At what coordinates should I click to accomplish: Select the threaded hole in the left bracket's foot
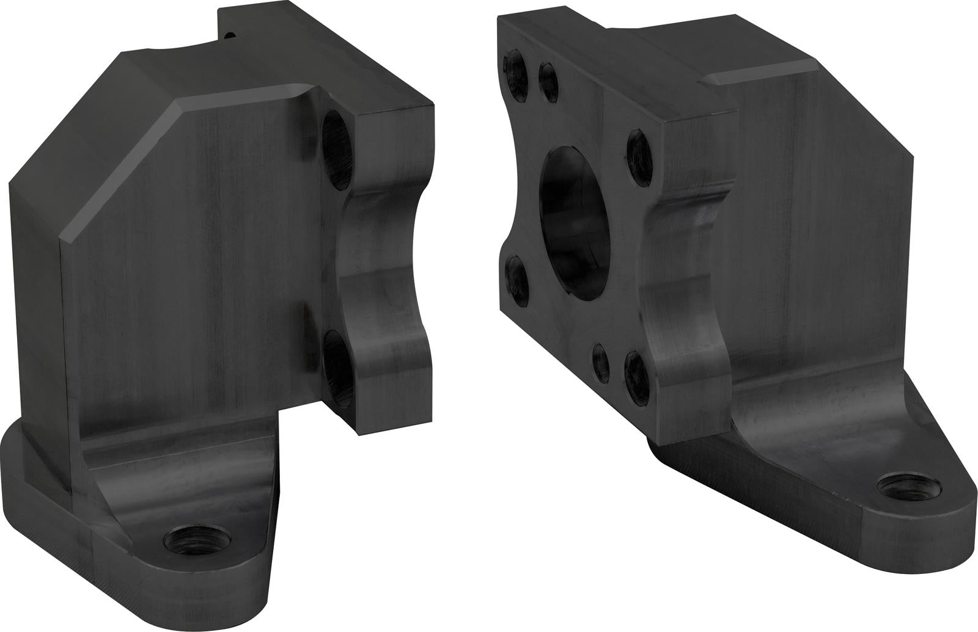pos(194,540)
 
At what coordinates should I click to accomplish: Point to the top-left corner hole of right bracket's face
pos(515,77)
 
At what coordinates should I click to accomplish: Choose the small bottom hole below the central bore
pos(601,359)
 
